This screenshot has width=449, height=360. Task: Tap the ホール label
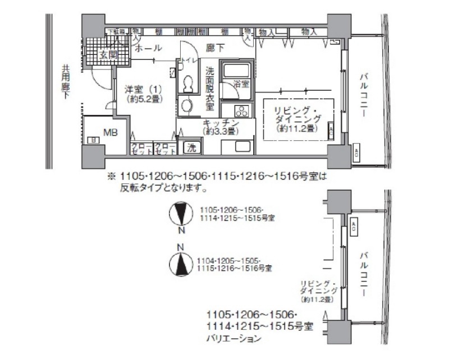pyautogui.click(x=149, y=48)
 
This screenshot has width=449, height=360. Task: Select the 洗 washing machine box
pyautogui.click(x=191, y=148)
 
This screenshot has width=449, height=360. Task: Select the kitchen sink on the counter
pyautogui.click(x=239, y=147)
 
